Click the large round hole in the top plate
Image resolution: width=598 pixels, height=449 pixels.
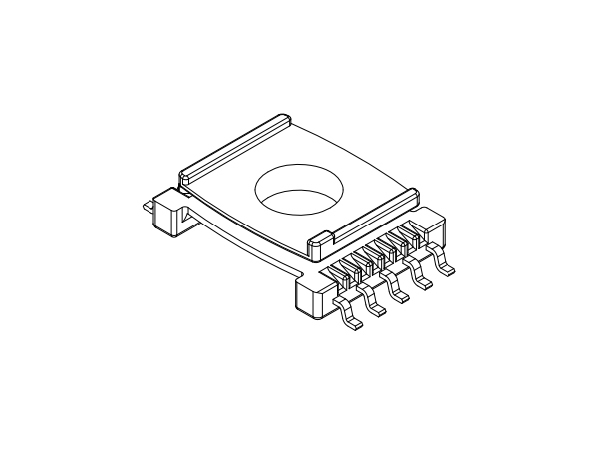point(297,191)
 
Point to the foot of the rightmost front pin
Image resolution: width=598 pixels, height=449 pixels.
point(451,268)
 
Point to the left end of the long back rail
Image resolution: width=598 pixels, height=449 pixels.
point(185,174)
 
